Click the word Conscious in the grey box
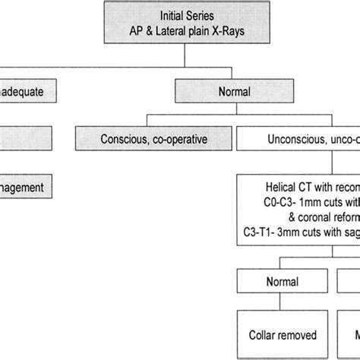(125, 139)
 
